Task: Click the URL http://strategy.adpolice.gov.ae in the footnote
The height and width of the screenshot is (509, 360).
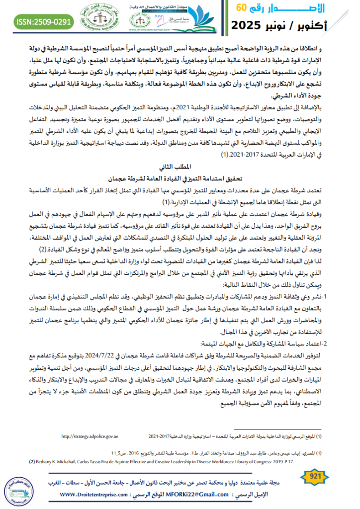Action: pyautogui.click(x=90, y=436)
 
